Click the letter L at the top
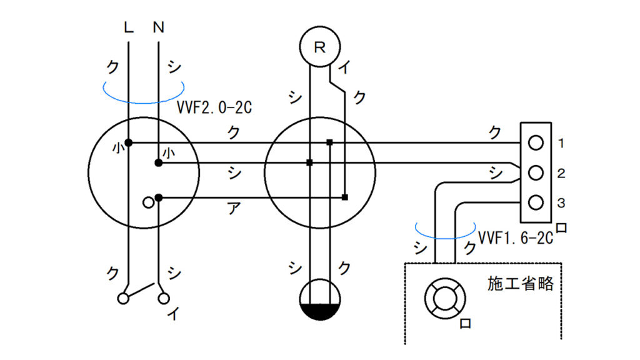pyautogui.click(x=129, y=27)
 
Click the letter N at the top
pyautogui.click(x=158, y=27)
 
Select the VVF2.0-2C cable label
pyautogui.click(x=214, y=107)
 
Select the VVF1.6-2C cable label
pyautogui.click(x=515, y=238)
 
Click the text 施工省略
pyautogui.click(x=521, y=283)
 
